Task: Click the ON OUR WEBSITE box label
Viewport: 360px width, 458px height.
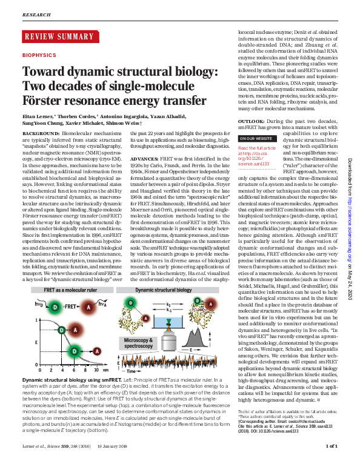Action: [255, 139]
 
